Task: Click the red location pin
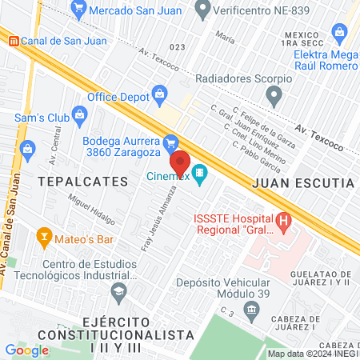179,160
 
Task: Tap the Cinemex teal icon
200,173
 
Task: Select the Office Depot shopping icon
161,93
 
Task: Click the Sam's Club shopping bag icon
79,114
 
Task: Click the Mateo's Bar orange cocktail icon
44,237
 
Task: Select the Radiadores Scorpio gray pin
274,99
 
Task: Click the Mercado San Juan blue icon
78,10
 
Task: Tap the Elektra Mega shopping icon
340,34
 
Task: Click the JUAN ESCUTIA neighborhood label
302,182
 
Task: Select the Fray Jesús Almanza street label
158,218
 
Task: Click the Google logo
26,350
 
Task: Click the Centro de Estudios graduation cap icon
119,290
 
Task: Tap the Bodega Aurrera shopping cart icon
170,143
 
